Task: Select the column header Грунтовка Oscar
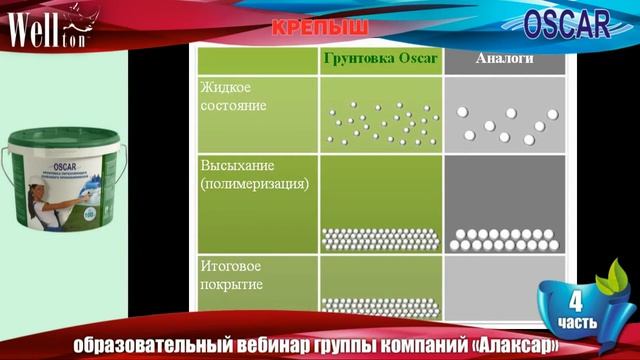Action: pyautogui.click(x=380, y=59)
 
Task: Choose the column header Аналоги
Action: pyautogui.click(x=503, y=59)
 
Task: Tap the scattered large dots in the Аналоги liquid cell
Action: pyautogui.click(x=506, y=121)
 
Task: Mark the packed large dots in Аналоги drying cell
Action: pyautogui.click(x=506, y=239)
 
